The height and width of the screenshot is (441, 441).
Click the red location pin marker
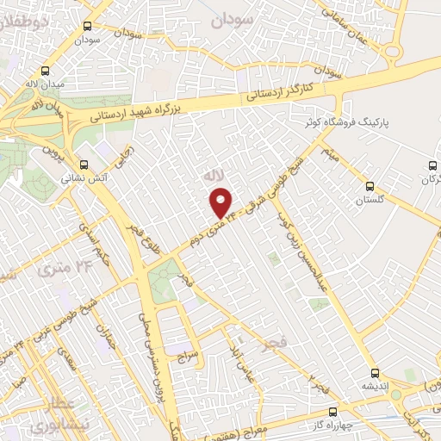coord(221,203)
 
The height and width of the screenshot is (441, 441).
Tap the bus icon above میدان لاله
coord(45,71)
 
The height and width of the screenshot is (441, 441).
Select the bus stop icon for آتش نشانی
coord(84,165)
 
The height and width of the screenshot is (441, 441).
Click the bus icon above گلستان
coord(370,185)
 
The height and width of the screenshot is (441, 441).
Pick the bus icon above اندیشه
coord(374,373)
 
